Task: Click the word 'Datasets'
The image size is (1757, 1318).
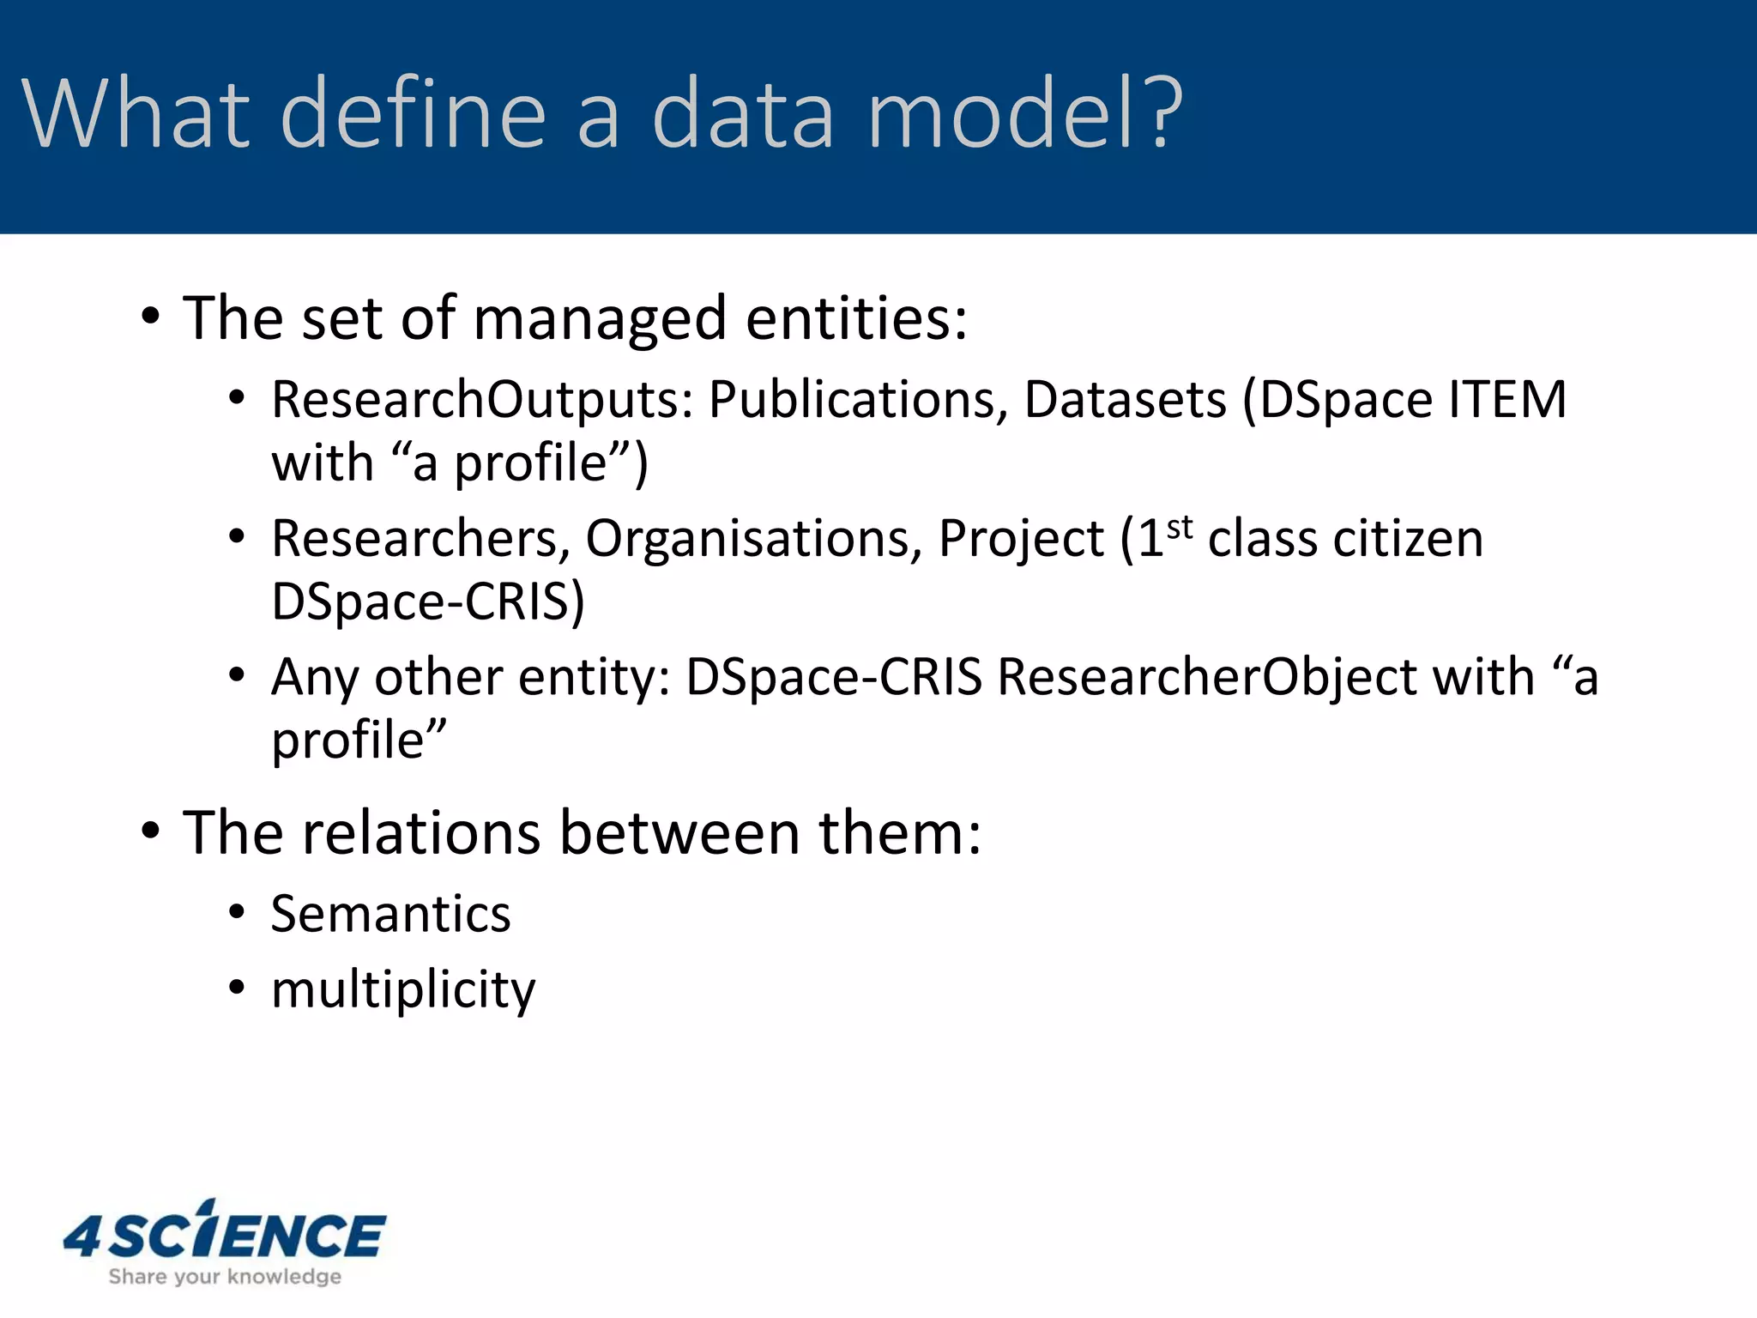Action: coord(1125,400)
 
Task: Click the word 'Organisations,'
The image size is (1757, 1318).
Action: coord(754,539)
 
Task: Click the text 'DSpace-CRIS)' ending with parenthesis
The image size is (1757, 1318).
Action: coord(428,602)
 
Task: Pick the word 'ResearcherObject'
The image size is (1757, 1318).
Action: coord(1208,677)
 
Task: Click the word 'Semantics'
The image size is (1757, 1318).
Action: coord(390,914)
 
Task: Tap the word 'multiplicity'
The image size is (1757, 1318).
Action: coord(402,989)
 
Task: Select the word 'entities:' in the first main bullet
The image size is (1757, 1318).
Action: coord(856,318)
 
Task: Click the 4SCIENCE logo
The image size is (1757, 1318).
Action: coord(225,1234)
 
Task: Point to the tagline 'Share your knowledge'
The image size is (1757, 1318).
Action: coord(225,1277)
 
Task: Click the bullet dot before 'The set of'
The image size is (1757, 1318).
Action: coord(150,317)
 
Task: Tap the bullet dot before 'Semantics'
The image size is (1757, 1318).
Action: coord(238,912)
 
